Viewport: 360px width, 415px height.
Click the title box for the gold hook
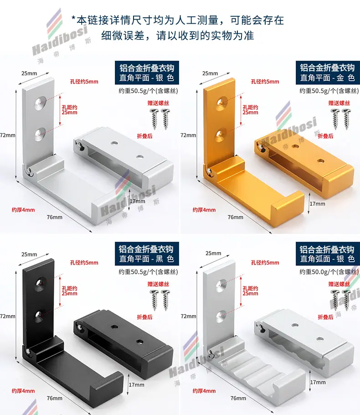coord(328,73)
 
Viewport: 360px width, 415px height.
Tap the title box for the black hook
coord(147,254)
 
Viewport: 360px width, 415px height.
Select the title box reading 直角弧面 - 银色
coord(328,254)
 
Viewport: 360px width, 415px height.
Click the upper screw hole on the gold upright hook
coord(221,103)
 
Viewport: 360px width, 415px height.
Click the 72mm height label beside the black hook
coord(8,316)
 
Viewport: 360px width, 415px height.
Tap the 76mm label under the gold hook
coord(236,217)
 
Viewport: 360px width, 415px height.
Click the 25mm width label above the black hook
coord(29,254)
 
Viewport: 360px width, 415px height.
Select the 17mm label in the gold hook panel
coord(318,204)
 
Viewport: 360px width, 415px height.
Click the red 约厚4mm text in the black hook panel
coord(23,391)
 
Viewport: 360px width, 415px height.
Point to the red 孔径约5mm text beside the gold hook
coord(265,82)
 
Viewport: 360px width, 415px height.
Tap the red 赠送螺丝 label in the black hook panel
coord(158,284)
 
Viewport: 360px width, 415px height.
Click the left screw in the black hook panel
coord(154,300)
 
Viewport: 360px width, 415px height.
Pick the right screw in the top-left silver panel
coord(165,119)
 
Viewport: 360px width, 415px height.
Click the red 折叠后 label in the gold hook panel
coord(326,136)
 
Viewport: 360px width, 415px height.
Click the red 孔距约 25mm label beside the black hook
coord(70,291)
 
